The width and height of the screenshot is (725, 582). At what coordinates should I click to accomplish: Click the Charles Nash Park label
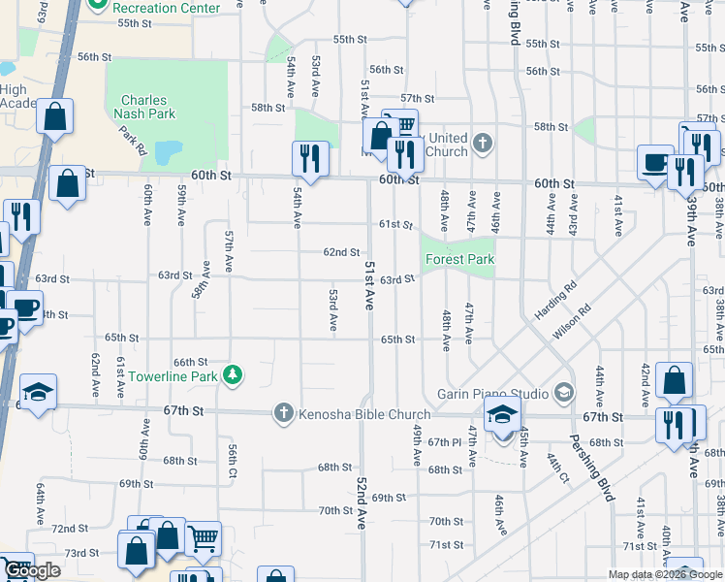(143, 107)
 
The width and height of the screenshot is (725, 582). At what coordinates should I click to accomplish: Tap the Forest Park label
(458, 259)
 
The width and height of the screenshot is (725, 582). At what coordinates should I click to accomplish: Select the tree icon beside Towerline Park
(232, 374)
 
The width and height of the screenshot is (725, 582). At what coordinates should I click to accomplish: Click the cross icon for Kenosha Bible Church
(283, 414)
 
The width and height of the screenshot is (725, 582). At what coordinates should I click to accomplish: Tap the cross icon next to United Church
(483, 145)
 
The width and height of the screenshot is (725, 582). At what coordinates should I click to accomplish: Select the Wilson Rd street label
(572, 324)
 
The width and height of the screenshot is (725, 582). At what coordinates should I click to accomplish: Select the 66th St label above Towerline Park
(191, 362)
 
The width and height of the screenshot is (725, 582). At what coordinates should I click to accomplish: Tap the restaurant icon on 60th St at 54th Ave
(310, 158)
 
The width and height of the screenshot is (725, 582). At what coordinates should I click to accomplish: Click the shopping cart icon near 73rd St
(202, 538)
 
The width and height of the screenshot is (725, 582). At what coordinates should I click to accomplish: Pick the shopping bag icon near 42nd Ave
(674, 380)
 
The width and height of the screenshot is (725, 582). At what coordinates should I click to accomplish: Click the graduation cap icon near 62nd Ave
(39, 392)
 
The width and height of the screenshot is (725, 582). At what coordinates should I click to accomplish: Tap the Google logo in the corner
(32, 570)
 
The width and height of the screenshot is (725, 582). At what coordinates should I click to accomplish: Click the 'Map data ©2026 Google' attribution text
(664, 574)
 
